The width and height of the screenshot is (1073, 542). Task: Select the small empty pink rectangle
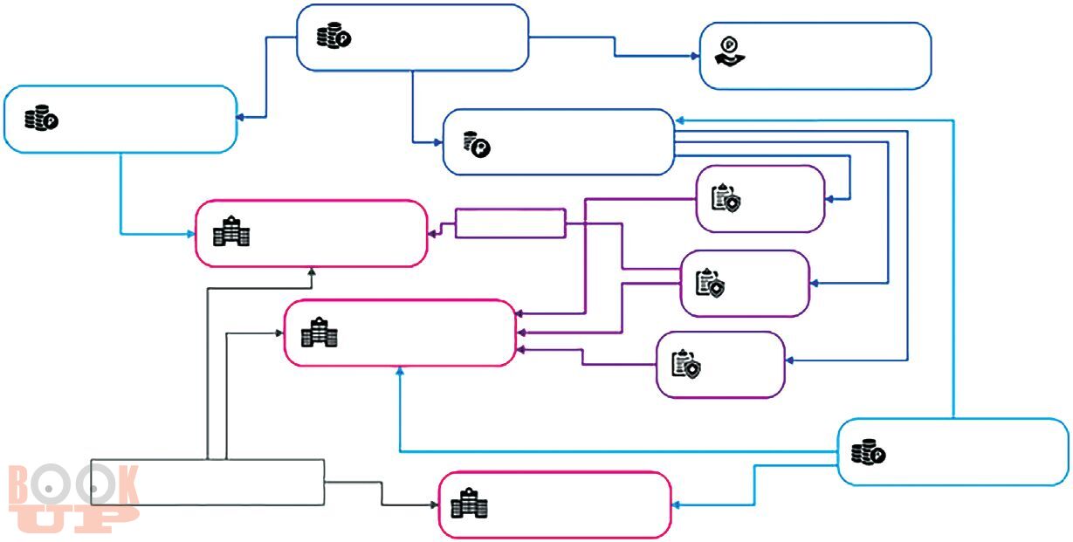click(510, 223)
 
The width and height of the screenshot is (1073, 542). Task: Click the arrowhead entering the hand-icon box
click(695, 56)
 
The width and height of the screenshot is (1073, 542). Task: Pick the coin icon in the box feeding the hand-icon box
click(333, 37)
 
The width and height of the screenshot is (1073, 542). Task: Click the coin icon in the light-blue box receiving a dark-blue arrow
click(40, 119)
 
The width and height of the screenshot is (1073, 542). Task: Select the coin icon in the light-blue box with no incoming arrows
click(868, 452)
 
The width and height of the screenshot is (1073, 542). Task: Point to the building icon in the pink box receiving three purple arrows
click(319, 333)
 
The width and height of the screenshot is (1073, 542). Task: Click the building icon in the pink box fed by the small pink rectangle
click(231, 232)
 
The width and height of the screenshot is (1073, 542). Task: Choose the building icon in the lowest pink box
click(469, 504)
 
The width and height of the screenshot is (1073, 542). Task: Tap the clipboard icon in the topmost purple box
click(726, 198)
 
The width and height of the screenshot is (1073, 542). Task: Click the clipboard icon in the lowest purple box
click(685, 364)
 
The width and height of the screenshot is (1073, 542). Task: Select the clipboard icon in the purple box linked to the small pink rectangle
click(709, 283)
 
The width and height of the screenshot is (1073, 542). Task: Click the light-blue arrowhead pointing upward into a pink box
click(399, 371)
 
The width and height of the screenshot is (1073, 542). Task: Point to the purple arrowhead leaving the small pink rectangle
click(432, 233)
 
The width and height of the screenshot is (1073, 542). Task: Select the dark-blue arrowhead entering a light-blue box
click(241, 117)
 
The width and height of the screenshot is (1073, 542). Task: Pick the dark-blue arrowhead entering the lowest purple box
click(789, 360)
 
